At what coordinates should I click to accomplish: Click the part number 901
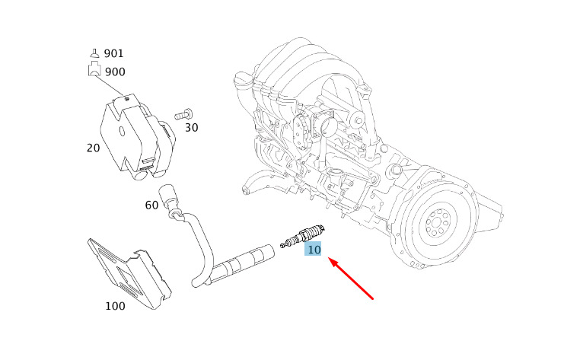click(113, 53)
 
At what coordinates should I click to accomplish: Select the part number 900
click(115, 72)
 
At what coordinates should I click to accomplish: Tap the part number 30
click(191, 128)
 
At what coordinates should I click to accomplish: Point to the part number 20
click(93, 148)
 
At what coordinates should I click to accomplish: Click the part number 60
click(151, 205)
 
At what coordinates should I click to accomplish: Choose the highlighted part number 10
click(313, 249)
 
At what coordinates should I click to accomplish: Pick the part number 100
click(115, 306)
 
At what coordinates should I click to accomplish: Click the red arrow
click(351, 278)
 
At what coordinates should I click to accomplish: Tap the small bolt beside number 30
click(183, 115)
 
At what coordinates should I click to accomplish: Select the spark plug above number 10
click(303, 236)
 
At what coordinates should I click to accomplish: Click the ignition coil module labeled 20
click(138, 138)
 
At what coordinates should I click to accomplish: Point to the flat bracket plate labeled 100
click(129, 273)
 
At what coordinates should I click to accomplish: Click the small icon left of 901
click(94, 53)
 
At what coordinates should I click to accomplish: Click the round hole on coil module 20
click(122, 132)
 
